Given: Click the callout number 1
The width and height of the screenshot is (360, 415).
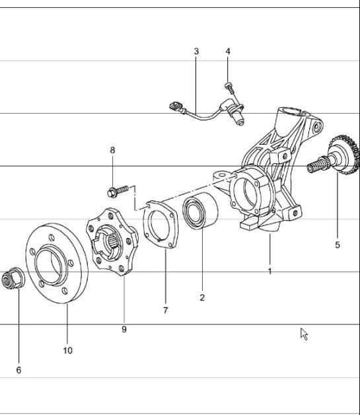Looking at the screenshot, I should (270, 271).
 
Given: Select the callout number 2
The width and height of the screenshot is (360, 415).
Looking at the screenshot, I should (202, 297).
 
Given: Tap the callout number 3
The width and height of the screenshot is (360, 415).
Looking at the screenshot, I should (196, 52).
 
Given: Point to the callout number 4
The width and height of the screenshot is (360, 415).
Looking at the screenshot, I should (228, 52).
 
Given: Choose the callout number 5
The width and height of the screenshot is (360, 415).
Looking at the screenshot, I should (337, 245).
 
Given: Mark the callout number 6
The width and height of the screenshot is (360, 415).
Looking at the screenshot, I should (18, 370).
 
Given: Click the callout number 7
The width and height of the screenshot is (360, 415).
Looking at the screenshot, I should (165, 310).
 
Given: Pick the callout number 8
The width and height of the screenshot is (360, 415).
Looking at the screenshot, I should (112, 151).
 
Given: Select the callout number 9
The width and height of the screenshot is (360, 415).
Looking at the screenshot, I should (124, 328).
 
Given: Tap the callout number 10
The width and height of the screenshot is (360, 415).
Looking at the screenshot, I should (68, 350).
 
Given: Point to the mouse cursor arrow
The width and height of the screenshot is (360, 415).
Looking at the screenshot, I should (304, 333).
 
